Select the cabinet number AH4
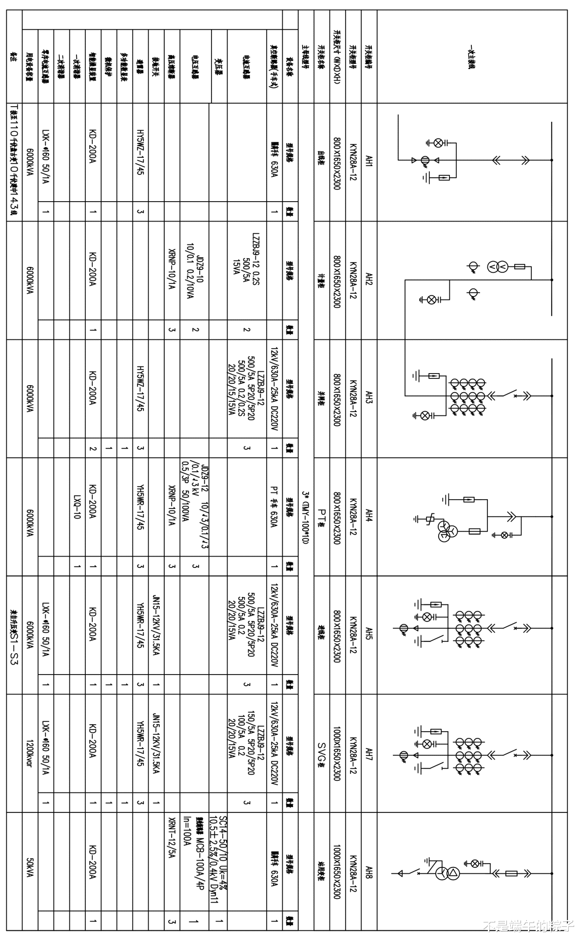tap(369, 516)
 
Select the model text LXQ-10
tap(77, 507)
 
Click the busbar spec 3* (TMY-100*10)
tap(306, 517)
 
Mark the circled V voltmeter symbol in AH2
tap(492, 266)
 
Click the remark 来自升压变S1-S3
tap(14, 636)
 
